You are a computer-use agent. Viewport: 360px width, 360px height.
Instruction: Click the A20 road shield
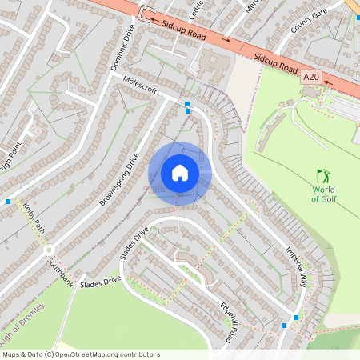point(311,77)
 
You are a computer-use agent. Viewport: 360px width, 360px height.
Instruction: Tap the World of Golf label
point(323,194)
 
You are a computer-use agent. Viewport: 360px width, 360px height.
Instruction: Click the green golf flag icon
point(323,174)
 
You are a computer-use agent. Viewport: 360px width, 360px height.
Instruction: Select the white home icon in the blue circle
point(180,172)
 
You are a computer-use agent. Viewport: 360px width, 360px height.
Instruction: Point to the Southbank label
point(60,272)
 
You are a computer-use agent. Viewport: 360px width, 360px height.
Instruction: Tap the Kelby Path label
point(34,216)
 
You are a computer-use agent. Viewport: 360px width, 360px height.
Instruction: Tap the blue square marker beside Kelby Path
point(8,202)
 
